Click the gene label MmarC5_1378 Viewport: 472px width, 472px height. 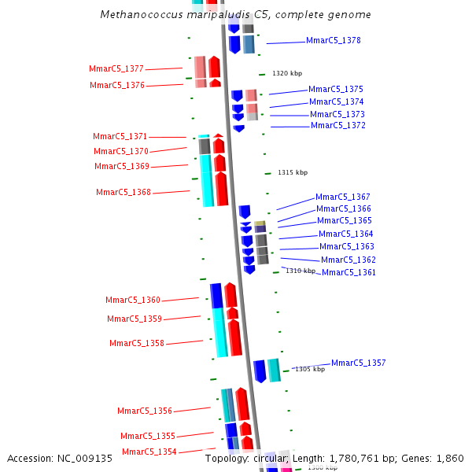click(334, 40)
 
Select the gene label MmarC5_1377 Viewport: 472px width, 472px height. click(116, 69)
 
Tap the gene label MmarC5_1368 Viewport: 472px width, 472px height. click(124, 192)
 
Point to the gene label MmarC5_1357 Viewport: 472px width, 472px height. click(359, 363)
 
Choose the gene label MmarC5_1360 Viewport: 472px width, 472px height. click(133, 300)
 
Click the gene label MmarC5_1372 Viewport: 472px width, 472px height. click(338, 126)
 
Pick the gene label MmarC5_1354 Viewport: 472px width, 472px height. click(149, 452)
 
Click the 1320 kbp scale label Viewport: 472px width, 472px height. click(287, 73)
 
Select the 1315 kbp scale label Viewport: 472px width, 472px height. click(293, 172)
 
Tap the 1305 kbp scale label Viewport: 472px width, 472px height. click(310, 369)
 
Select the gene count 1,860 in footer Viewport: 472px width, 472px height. click(449, 458)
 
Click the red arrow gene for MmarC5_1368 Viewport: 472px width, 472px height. click(222, 189)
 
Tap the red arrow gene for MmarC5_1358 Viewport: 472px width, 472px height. click(234, 337)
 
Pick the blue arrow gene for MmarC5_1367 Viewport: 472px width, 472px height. click(245, 212)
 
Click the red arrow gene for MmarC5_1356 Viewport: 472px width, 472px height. click(242, 404)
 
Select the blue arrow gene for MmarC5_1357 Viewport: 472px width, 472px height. click(260, 371)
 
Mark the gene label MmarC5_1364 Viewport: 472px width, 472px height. click(346, 234)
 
